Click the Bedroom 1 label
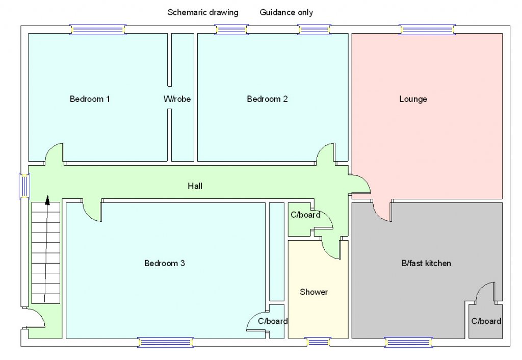point(90,99)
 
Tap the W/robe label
point(177,99)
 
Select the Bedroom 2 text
point(267,99)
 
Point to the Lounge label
point(413,99)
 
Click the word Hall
point(195,186)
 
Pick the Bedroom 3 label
point(164,264)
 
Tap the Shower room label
point(314,292)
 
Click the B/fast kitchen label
point(426,264)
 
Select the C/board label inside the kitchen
point(486,321)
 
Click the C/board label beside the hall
point(305,215)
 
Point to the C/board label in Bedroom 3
point(273,321)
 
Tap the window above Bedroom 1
point(98,30)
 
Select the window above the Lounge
point(426,30)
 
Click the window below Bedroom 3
point(166,342)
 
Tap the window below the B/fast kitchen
point(408,342)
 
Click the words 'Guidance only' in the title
point(286,12)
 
